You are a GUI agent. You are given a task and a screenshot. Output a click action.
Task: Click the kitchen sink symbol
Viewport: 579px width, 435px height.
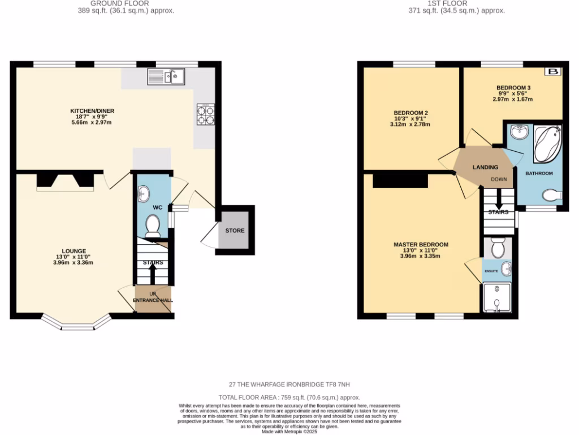(166, 76)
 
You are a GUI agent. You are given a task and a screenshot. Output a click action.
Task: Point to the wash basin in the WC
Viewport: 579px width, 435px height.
(142, 193)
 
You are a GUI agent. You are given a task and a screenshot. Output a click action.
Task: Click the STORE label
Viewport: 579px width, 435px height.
(235, 231)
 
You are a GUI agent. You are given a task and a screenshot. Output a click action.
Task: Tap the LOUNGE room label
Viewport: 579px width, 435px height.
(74, 251)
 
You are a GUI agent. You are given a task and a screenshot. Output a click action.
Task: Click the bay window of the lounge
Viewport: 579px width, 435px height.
(75, 323)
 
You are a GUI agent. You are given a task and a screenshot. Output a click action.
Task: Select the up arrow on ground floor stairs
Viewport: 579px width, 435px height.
(152, 274)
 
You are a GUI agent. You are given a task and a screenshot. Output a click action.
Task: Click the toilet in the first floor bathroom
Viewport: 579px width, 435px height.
(551, 195)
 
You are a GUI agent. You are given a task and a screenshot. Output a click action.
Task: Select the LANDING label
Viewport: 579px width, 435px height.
(485, 167)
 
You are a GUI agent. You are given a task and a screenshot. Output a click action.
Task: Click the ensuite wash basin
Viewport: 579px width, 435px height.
(505, 270)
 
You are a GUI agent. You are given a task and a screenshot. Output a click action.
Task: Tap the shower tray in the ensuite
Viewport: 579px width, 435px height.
(496, 298)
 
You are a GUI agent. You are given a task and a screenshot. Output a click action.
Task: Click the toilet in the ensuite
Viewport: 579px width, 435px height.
(498, 248)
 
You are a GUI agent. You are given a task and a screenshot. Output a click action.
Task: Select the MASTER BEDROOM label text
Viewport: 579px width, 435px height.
(421, 245)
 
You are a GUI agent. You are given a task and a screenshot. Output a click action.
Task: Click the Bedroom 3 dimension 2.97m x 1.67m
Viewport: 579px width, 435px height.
(513, 99)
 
